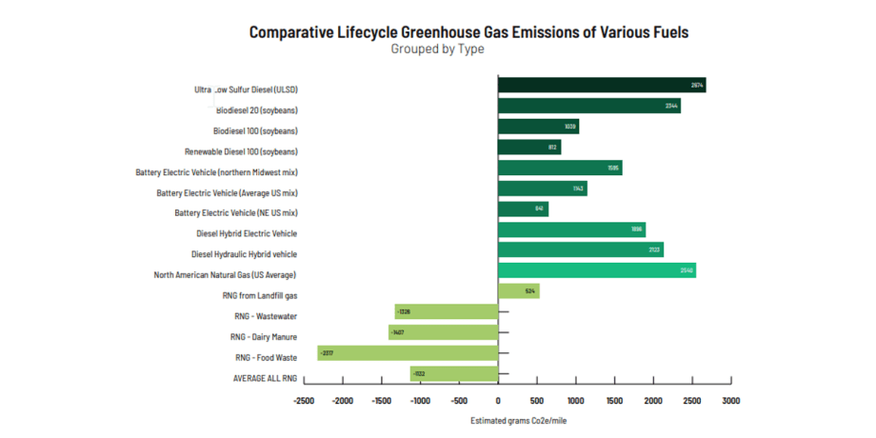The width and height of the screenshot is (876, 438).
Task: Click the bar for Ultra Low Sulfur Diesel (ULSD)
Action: click(601, 86)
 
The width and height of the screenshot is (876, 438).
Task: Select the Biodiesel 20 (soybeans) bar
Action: click(588, 106)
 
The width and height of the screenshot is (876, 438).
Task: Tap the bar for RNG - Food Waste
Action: click(408, 353)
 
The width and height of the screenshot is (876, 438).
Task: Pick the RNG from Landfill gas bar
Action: click(518, 291)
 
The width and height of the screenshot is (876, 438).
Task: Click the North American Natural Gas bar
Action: click(596, 270)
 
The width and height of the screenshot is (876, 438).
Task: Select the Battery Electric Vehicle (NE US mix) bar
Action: click(523, 209)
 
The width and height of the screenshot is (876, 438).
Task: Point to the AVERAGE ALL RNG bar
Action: click(453, 374)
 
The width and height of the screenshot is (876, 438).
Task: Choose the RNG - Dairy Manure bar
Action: click(443, 332)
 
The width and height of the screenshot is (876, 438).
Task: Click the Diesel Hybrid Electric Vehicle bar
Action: click(571, 229)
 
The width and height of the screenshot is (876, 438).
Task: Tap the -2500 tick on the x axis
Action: click(304, 402)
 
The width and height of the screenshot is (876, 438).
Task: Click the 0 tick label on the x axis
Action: click(498, 402)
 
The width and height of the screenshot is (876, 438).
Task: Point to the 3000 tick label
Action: click(730, 402)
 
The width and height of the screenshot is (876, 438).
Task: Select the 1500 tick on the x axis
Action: click(614, 402)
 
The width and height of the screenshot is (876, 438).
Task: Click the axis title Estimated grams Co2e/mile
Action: click(519, 420)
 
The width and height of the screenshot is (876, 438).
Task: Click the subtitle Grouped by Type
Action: click(437, 50)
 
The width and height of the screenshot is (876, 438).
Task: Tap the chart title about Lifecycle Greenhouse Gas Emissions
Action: click(468, 31)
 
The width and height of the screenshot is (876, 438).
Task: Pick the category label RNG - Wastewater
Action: click(266, 316)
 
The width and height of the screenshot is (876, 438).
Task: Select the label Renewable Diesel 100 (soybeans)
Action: click(241, 151)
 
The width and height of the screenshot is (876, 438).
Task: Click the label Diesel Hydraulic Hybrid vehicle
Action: click(244, 254)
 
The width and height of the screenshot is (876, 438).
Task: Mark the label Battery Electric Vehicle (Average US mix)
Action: click(227, 192)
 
